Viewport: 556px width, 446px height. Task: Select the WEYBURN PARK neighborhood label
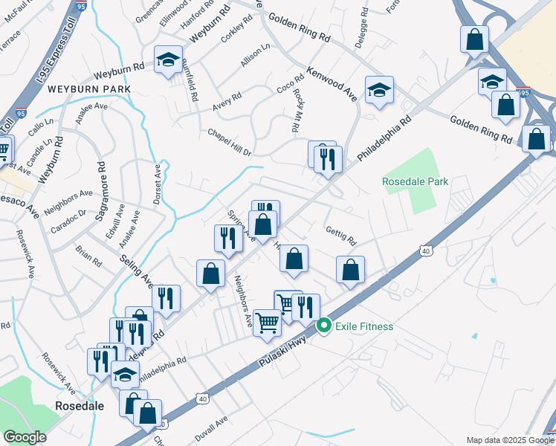pyautogui.click(x=89, y=89)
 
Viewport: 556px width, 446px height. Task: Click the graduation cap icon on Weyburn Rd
pyautogui.click(x=168, y=60)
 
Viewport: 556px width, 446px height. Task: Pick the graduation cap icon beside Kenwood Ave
pyautogui.click(x=379, y=91)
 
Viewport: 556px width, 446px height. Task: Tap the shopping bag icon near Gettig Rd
pyautogui.click(x=350, y=271)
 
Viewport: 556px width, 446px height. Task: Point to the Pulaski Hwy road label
pyautogui.click(x=285, y=352)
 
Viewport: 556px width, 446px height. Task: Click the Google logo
pyautogui.click(x=25, y=437)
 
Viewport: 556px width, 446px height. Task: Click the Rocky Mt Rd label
pyautogui.click(x=296, y=111)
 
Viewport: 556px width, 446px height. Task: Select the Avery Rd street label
pyautogui.click(x=227, y=103)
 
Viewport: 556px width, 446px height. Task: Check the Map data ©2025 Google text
pyautogui.click(x=509, y=440)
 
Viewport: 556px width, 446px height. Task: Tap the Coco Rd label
pyautogui.click(x=291, y=86)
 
